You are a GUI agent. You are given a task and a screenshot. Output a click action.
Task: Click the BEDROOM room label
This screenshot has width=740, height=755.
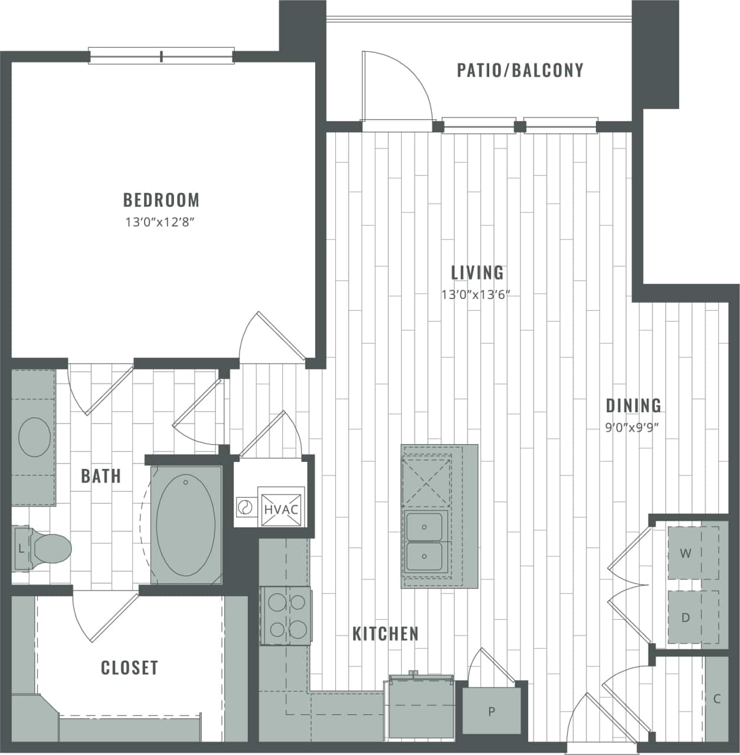(x=161, y=200)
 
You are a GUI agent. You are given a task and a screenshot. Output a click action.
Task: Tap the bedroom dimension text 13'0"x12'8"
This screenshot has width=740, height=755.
(x=159, y=222)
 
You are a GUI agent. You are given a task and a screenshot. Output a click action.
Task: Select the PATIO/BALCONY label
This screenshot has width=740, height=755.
(x=520, y=70)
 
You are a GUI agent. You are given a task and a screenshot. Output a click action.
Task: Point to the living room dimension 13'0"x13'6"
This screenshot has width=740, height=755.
(x=475, y=294)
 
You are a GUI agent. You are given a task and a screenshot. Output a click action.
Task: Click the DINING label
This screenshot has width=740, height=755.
(x=634, y=405)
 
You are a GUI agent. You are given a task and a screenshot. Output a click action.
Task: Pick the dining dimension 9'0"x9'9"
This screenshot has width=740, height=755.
(x=631, y=428)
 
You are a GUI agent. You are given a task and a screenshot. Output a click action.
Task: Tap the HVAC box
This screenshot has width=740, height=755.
(x=281, y=508)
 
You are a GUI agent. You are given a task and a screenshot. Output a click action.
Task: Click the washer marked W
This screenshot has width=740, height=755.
(x=685, y=553)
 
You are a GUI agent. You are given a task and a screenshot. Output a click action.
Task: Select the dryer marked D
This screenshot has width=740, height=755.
(x=685, y=618)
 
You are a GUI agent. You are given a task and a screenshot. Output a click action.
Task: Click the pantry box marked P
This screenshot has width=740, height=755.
(x=492, y=711)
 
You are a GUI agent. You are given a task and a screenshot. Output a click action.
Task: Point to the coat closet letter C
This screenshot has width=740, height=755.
(x=717, y=699)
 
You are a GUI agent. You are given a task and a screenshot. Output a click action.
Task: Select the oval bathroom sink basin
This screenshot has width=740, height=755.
(x=34, y=437)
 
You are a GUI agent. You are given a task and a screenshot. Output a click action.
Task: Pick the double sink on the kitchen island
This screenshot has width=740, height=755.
(x=424, y=540)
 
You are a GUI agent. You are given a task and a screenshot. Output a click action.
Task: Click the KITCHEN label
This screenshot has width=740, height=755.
(x=385, y=634)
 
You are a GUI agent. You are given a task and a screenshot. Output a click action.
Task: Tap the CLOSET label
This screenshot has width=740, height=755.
(x=129, y=668)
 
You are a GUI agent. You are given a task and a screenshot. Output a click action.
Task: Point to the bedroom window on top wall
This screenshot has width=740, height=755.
(x=161, y=57)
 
